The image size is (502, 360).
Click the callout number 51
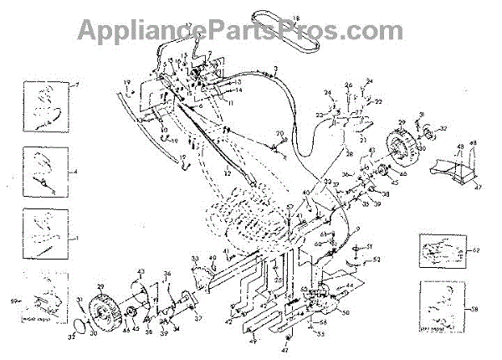pyautogui.click(x=373, y=246)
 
